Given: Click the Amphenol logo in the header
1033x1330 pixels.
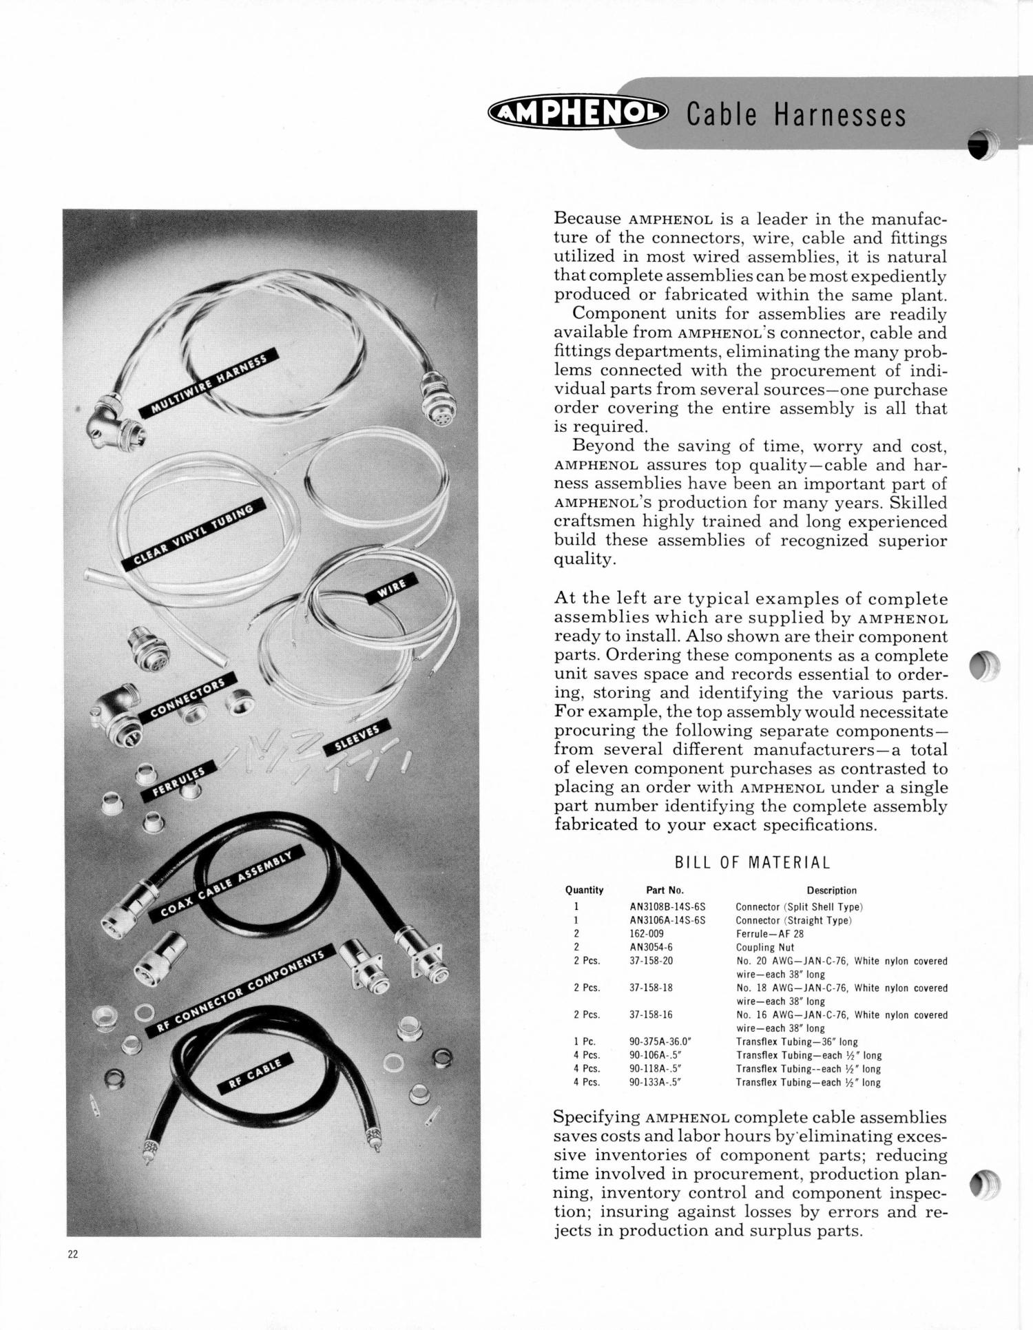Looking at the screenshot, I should [577, 113].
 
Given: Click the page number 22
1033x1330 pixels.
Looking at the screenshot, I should [73, 1254].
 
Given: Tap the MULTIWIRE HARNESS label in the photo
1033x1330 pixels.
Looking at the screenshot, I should [209, 383].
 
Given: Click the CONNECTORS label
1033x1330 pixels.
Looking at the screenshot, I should [187, 697].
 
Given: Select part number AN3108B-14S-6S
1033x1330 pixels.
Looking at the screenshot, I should [667, 907].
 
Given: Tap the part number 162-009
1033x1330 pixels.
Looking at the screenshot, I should [649, 934].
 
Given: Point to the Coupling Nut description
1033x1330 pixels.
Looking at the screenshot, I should [765, 948].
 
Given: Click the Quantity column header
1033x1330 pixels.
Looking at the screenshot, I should [584, 890].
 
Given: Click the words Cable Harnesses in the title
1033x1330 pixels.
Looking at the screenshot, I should [796, 115].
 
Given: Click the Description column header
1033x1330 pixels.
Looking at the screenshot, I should [831, 890].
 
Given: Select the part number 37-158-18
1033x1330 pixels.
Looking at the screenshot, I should [651, 988].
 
